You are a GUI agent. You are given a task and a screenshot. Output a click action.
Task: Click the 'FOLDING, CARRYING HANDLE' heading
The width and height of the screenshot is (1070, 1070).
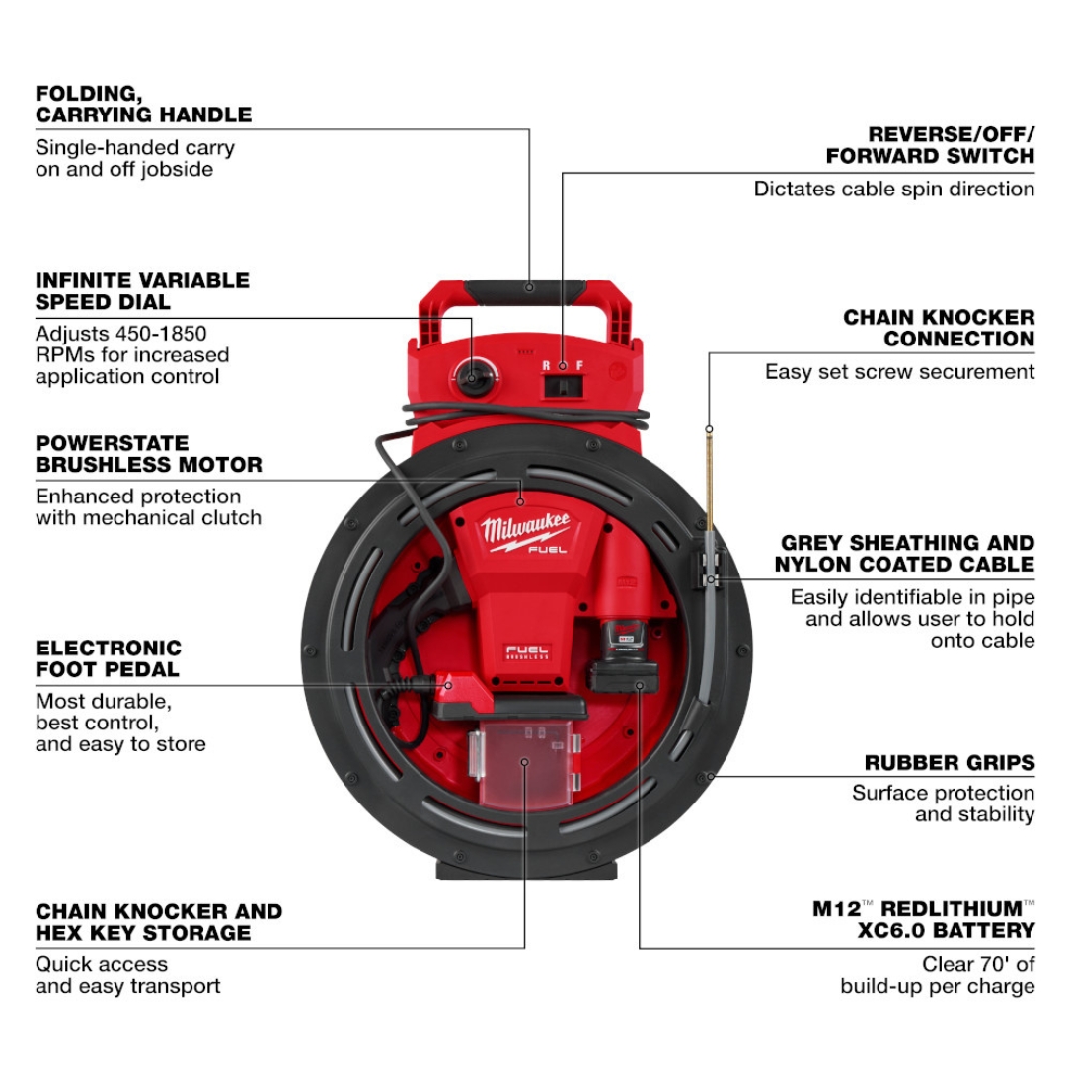[143, 104]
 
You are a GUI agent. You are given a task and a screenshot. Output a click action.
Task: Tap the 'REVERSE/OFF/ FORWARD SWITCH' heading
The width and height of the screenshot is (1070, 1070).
[930, 144]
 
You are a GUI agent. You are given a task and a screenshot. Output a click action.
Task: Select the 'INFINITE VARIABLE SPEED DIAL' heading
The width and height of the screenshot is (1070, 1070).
[142, 291]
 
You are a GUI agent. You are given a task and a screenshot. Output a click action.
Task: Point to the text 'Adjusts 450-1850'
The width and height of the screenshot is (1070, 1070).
[121, 334]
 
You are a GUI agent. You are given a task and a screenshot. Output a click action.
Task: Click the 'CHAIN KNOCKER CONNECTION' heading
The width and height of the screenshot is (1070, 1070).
[939, 328]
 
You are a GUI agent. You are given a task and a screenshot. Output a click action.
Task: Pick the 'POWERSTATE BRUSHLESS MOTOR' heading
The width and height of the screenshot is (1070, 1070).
[149, 453]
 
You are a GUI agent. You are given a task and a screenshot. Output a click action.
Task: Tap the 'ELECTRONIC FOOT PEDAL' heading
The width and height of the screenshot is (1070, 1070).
[109, 658]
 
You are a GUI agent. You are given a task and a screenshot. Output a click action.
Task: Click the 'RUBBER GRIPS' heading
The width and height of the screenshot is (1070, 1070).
[949, 763]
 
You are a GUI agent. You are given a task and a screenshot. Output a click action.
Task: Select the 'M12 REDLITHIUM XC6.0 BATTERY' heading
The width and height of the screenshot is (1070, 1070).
[923, 919]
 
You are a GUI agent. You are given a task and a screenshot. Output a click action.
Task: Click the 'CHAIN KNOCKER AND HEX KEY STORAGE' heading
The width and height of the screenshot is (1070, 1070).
[159, 921]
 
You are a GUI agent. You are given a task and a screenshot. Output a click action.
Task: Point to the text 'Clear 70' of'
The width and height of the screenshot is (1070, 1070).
[978, 964]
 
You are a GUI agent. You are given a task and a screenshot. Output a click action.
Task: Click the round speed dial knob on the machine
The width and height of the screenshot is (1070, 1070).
[471, 376]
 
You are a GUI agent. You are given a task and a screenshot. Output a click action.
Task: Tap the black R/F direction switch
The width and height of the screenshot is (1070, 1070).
[562, 383]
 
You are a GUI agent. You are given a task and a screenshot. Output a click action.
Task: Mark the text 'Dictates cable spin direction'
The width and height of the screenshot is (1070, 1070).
[893, 189]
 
